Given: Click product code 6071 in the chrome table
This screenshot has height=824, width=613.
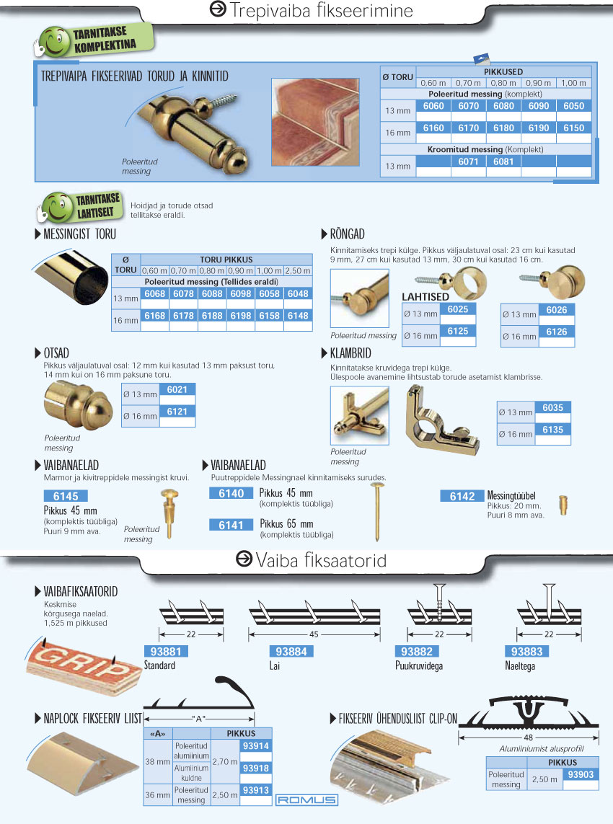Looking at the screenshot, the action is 468,162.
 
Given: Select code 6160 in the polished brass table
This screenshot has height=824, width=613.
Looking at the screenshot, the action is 433,128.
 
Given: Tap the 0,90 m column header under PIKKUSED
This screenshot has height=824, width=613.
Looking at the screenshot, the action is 538,83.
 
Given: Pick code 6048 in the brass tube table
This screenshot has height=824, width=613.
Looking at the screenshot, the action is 298,293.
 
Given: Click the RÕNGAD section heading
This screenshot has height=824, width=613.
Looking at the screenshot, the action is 347,234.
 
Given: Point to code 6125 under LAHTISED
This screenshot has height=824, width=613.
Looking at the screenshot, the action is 457,331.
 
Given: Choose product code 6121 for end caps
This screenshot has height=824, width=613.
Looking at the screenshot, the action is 177,412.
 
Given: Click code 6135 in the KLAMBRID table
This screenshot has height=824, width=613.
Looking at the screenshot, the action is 552,430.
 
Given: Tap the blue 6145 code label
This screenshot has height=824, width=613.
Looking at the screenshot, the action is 66,496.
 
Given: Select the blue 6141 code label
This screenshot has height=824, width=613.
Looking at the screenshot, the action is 231,525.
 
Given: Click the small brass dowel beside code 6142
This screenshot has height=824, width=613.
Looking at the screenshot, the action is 563,505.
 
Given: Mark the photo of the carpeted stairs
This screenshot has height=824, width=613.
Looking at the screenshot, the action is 315,122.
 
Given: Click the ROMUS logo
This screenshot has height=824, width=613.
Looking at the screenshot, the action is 306,799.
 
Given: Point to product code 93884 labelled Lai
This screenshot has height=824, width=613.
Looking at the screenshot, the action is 291,652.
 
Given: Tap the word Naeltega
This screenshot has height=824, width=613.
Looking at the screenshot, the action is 520,666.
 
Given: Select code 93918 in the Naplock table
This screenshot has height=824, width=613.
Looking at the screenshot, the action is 256,768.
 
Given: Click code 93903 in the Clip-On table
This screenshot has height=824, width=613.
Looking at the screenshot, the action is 581,774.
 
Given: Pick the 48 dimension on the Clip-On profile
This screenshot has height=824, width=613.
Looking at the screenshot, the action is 529,737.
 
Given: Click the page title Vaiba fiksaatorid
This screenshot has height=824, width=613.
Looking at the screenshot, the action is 321,560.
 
